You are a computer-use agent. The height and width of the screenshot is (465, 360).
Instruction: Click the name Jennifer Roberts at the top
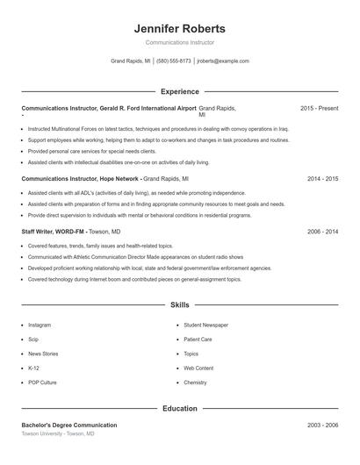(179, 28)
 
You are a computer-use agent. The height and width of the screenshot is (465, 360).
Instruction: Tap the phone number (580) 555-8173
(173, 61)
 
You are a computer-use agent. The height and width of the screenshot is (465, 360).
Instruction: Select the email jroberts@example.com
(223, 61)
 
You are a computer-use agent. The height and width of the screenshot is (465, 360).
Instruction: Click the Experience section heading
(179, 91)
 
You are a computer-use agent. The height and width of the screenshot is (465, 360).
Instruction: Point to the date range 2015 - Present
(319, 108)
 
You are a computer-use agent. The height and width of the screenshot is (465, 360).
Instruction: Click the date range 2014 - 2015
(322, 178)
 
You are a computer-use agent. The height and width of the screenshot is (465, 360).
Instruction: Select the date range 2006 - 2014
(322, 232)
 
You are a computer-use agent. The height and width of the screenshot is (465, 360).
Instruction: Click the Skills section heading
(179, 305)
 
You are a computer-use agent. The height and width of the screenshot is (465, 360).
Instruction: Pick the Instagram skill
(40, 325)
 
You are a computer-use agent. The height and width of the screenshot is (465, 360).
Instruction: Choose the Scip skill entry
(33, 339)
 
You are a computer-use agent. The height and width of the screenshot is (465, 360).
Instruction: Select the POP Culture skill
(42, 383)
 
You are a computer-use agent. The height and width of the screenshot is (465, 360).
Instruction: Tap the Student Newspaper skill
(205, 325)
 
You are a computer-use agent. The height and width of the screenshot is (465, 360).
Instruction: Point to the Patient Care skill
(198, 339)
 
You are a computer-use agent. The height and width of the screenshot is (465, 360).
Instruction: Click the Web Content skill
(198, 368)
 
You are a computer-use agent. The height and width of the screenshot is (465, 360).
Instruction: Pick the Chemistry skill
(195, 383)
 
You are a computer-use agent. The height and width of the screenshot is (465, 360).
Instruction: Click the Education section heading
(179, 408)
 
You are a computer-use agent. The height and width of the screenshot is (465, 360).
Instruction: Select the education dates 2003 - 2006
(322, 425)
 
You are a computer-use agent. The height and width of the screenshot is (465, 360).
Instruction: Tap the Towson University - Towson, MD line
(58, 433)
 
